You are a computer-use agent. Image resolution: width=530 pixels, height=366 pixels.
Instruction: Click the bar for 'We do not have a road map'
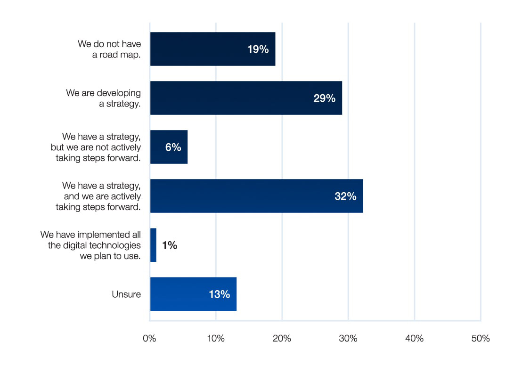212,49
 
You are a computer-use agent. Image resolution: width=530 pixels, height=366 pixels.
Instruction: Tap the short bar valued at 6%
169,147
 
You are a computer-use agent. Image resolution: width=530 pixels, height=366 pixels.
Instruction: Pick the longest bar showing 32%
256,196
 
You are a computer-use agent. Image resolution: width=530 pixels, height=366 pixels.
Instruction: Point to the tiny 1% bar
153,245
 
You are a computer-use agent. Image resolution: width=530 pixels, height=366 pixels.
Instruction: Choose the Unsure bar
193,294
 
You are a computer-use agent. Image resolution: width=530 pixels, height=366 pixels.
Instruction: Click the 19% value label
258,49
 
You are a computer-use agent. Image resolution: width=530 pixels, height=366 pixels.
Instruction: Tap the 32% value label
345,196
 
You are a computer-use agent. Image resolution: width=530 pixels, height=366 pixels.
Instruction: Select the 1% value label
170,245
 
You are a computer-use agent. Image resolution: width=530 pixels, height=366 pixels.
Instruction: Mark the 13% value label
219,294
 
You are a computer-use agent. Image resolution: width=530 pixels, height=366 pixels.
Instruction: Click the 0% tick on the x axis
149,338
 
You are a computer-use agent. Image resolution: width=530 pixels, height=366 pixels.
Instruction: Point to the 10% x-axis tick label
216,338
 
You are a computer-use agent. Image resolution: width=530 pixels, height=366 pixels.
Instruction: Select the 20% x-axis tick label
282,338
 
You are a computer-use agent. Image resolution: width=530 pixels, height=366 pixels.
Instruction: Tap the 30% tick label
348,338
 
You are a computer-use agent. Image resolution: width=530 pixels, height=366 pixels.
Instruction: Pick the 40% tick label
414,338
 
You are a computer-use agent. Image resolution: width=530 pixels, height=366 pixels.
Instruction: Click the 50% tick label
481,338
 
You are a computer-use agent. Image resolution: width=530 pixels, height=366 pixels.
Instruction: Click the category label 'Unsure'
126,294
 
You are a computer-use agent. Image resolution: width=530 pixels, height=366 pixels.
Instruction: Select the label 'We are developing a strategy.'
104,98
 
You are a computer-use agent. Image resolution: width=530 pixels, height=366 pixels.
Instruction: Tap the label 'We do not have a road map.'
110,49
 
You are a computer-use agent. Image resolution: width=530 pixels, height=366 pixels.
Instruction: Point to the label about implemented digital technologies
91,245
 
